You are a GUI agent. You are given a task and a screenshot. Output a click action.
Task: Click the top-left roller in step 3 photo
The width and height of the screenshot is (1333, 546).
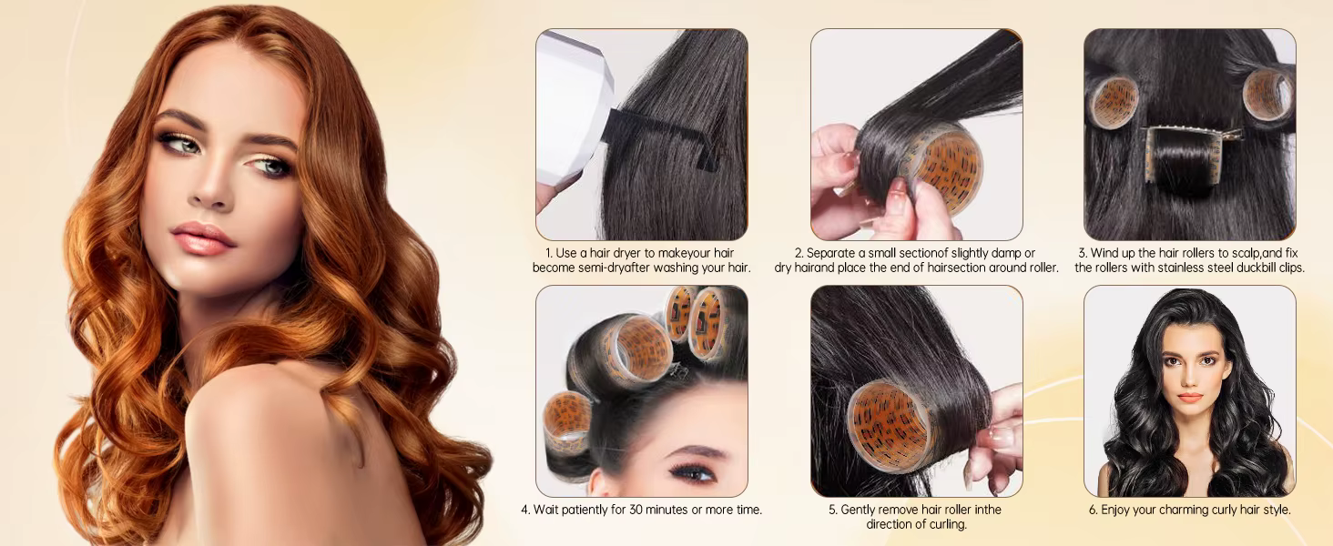pyautogui.click(x=1114, y=102)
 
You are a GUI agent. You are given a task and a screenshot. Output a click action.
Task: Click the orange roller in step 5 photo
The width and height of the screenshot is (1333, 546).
pyautogui.click(x=891, y=424)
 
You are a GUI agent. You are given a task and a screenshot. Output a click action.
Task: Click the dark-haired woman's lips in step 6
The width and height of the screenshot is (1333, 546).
pyautogui.click(x=1190, y=398)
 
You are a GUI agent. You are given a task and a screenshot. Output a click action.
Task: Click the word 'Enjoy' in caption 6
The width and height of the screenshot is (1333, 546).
pyautogui.click(x=1116, y=511)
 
